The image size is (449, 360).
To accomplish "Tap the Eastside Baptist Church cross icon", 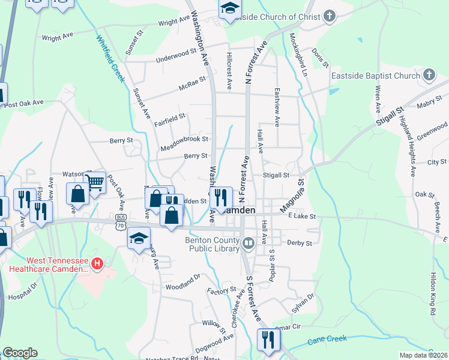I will click(429, 75).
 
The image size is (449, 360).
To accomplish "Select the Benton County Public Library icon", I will click(248, 243).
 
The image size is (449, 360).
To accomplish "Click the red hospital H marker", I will click(99, 263).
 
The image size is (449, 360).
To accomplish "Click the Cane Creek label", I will click(327, 340).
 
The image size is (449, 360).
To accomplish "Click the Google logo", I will click(20, 352).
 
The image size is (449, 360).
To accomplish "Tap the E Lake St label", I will click(302, 215).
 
